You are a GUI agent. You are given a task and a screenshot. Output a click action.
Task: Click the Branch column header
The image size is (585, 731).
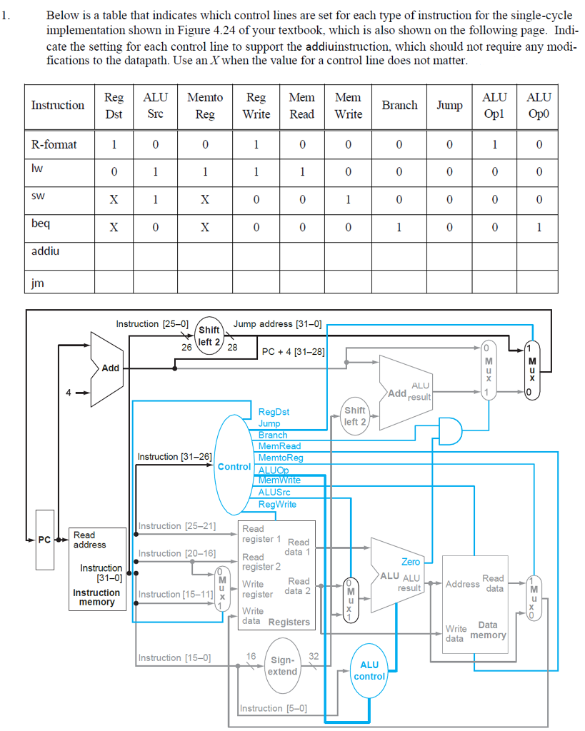point(399,106)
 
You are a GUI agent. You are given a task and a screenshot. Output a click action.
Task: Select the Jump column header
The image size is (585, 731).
point(449,106)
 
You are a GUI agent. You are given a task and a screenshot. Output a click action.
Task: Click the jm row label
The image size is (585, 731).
point(38,283)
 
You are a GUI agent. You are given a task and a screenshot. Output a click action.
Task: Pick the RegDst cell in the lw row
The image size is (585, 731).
point(114,171)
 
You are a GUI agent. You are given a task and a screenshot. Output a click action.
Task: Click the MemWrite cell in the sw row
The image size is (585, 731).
point(348,200)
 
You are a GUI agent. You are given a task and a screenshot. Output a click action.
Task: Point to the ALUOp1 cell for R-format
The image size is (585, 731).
point(495,145)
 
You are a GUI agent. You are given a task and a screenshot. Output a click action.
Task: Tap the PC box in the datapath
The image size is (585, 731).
point(45,540)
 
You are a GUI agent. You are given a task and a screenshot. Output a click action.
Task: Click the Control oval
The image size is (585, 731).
point(234,465)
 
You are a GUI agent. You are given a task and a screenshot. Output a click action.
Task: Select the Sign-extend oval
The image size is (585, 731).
point(283,665)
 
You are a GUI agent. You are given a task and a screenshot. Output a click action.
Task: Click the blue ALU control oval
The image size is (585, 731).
point(369,670)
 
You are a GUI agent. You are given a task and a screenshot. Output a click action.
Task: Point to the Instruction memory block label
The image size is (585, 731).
point(96,598)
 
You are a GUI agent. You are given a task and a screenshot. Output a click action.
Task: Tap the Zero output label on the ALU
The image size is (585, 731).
point(411,562)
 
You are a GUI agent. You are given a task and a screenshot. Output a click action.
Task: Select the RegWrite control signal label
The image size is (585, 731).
point(277,504)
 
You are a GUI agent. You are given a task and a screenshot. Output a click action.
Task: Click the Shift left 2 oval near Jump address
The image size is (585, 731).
point(209,335)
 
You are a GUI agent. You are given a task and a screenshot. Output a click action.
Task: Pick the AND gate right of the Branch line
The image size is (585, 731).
point(449,430)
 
